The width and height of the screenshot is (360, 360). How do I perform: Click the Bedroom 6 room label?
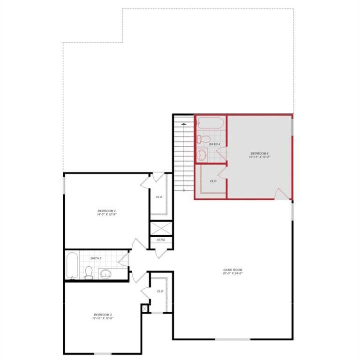point(259,153)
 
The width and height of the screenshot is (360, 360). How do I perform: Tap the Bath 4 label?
point(215,144)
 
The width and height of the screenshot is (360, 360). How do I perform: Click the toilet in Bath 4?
point(203,139)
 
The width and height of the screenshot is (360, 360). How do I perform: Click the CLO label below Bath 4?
point(213,181)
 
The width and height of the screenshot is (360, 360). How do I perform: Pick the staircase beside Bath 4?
point(183,155)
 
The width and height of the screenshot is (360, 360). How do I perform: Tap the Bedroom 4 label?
point(106,211)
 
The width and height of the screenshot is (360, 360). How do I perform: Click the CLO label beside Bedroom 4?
point(159,197)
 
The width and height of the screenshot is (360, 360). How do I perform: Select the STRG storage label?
point(161,240)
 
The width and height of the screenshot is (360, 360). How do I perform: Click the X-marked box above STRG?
point(161,227)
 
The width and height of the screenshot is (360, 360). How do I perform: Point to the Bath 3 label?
point(96,258)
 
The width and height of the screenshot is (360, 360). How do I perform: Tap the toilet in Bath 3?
point(89,272)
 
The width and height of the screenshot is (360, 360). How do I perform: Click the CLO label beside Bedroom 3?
point(160,291)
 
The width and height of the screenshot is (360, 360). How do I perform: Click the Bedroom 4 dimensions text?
point(106,215)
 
